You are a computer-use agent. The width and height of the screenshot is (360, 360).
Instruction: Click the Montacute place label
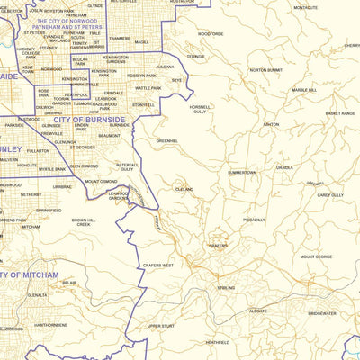tap(305, 7)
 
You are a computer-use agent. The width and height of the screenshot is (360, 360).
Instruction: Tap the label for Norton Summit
tap(265, 69)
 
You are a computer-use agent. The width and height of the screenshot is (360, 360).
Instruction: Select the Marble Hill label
tap(303, 90)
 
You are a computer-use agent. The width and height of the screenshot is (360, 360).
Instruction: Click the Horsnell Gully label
tap(200, 110)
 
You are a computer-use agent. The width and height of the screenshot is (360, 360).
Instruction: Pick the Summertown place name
tap(242, 172)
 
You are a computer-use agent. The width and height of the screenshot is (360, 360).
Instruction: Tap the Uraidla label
tap(284, 167)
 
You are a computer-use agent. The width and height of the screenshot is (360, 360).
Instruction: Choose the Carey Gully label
tap(330, 194)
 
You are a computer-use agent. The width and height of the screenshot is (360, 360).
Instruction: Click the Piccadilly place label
tap(254, 220)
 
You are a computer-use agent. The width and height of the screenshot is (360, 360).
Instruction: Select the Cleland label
tap(184, 190)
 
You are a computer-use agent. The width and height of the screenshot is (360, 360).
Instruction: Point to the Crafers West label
tap(157, 265)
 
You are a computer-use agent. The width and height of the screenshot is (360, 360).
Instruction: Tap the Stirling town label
tap(225, 288)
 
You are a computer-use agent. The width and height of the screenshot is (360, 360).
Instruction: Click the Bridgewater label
tap(321, 313)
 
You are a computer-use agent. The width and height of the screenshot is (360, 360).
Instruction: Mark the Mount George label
tap(316, 256)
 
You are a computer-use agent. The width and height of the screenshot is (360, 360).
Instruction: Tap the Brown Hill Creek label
tap(84, 221)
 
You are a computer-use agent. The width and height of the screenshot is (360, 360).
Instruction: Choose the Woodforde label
tap(211, 33)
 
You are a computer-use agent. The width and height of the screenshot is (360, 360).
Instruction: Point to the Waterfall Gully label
tap(127, 166)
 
